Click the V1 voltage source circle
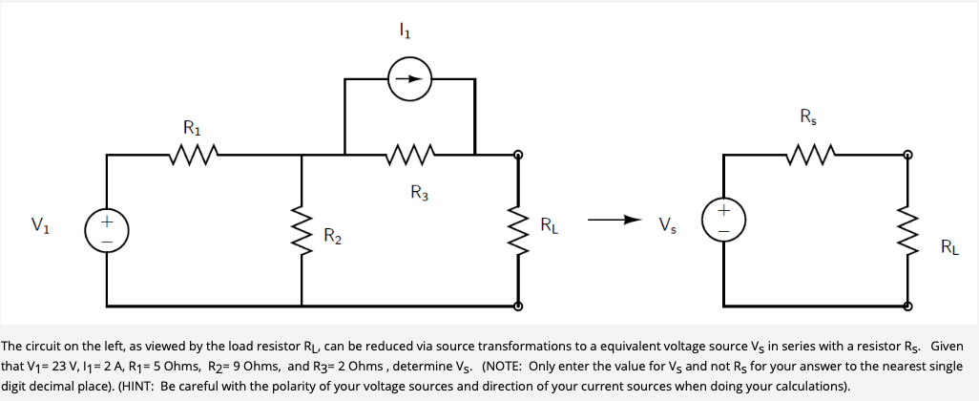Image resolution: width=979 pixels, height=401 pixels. [107, 232]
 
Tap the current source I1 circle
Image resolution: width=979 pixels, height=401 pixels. [408, 79]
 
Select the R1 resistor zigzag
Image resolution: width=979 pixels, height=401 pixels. [194, 153]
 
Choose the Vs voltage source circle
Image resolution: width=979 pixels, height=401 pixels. [722, 219]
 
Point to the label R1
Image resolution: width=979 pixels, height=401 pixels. [193, 127]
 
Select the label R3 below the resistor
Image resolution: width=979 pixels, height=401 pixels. [419, 194]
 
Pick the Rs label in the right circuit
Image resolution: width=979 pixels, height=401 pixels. [808, 118]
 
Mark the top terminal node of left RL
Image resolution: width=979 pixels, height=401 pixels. [518, 154]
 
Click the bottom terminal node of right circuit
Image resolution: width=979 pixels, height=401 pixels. [906, 306]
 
